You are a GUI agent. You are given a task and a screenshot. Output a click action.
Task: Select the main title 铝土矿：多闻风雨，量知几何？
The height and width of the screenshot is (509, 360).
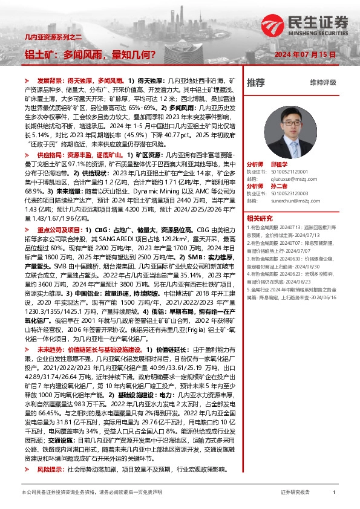pos(90,54)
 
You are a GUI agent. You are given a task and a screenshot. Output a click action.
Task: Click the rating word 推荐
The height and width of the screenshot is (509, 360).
pos(256,82)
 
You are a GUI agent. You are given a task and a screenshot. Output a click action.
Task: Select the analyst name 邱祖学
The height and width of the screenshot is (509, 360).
pos(280,164)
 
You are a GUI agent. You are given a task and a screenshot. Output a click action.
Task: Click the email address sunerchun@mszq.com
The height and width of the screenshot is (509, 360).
pos(290,201)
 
